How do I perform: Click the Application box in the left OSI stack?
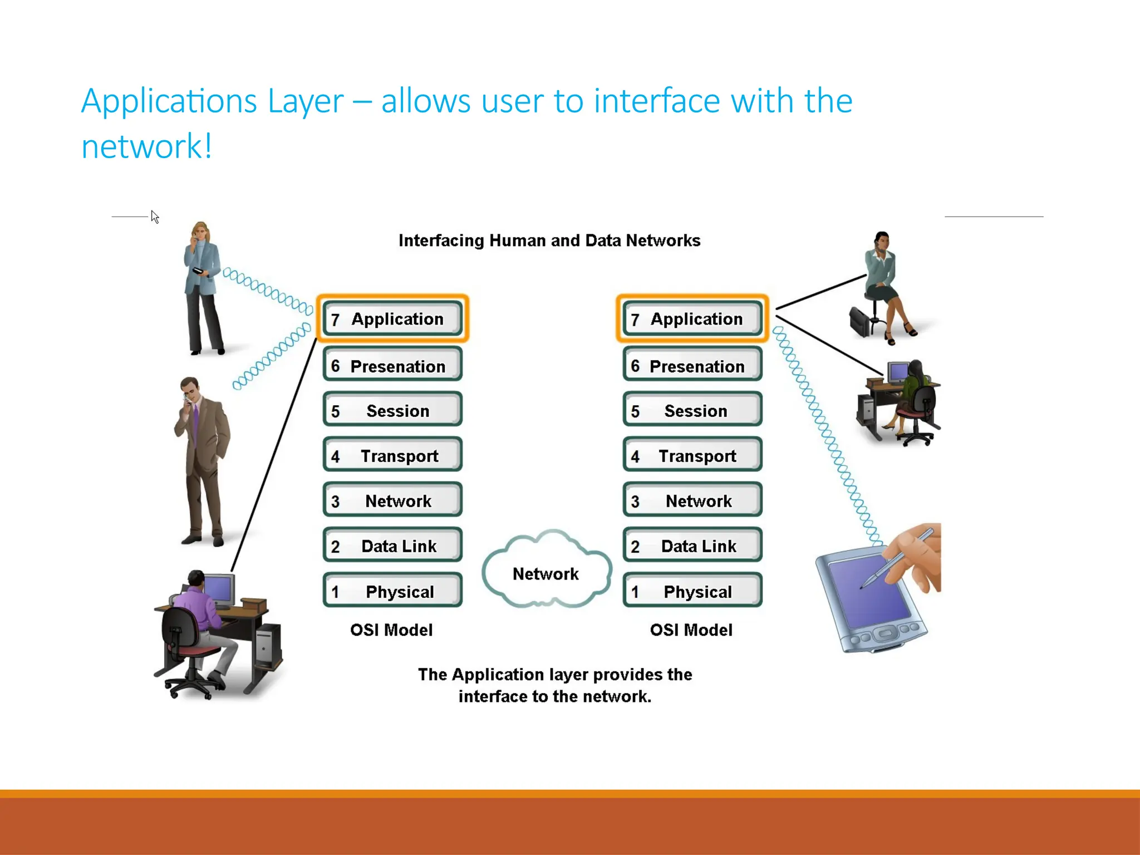pyautogui.click(x=392, y=318)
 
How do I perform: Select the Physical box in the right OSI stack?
pyautogui.click(x=692, y=591)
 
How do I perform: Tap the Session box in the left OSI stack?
pyautogui.click(x=392, y=410)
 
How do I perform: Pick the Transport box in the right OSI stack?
pyautogui.click(x=692, y=455)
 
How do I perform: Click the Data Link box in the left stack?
pyautogui.click(x=392, y=546)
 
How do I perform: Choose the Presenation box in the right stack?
pyautogui.click(x=692, y=366)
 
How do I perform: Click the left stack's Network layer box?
pyautogui.click(x=392, y=500)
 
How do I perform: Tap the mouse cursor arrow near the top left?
pyautogui.click(x=155, y=217)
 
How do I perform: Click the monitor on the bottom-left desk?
pyautogui.click(x=219, y=589)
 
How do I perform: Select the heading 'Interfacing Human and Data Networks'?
pyautogui.click(x=549, y=240)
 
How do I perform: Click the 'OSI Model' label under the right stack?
pyautogui.click(x=691, y=630)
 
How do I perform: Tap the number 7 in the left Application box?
pyautogui.click(x=335, y=320)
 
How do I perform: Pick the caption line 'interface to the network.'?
pyautogui.click(x=554, y=696)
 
